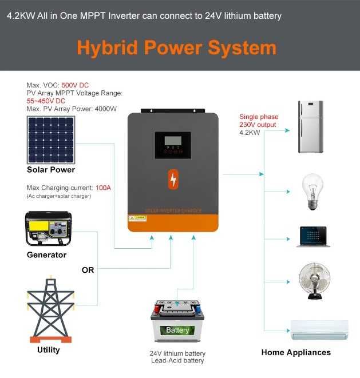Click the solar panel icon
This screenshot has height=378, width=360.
tap(51, 140)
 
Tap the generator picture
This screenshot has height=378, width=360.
tap(49, 228)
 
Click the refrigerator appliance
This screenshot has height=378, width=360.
tap(310, 127)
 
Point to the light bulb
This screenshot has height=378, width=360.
tap(312, 192)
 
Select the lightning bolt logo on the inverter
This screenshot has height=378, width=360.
tap(173, 180)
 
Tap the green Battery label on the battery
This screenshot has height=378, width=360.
tap(177, 330)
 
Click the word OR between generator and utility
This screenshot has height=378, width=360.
tap(88, 270)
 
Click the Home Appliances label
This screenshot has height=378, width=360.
tap(296, 352)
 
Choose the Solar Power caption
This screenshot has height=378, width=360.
tap(51, 170)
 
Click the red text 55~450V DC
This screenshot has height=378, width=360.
tap(46, 101)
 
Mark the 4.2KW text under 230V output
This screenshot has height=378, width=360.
tap(249, 132)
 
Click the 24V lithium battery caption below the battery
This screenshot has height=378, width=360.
tap(177, 353)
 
